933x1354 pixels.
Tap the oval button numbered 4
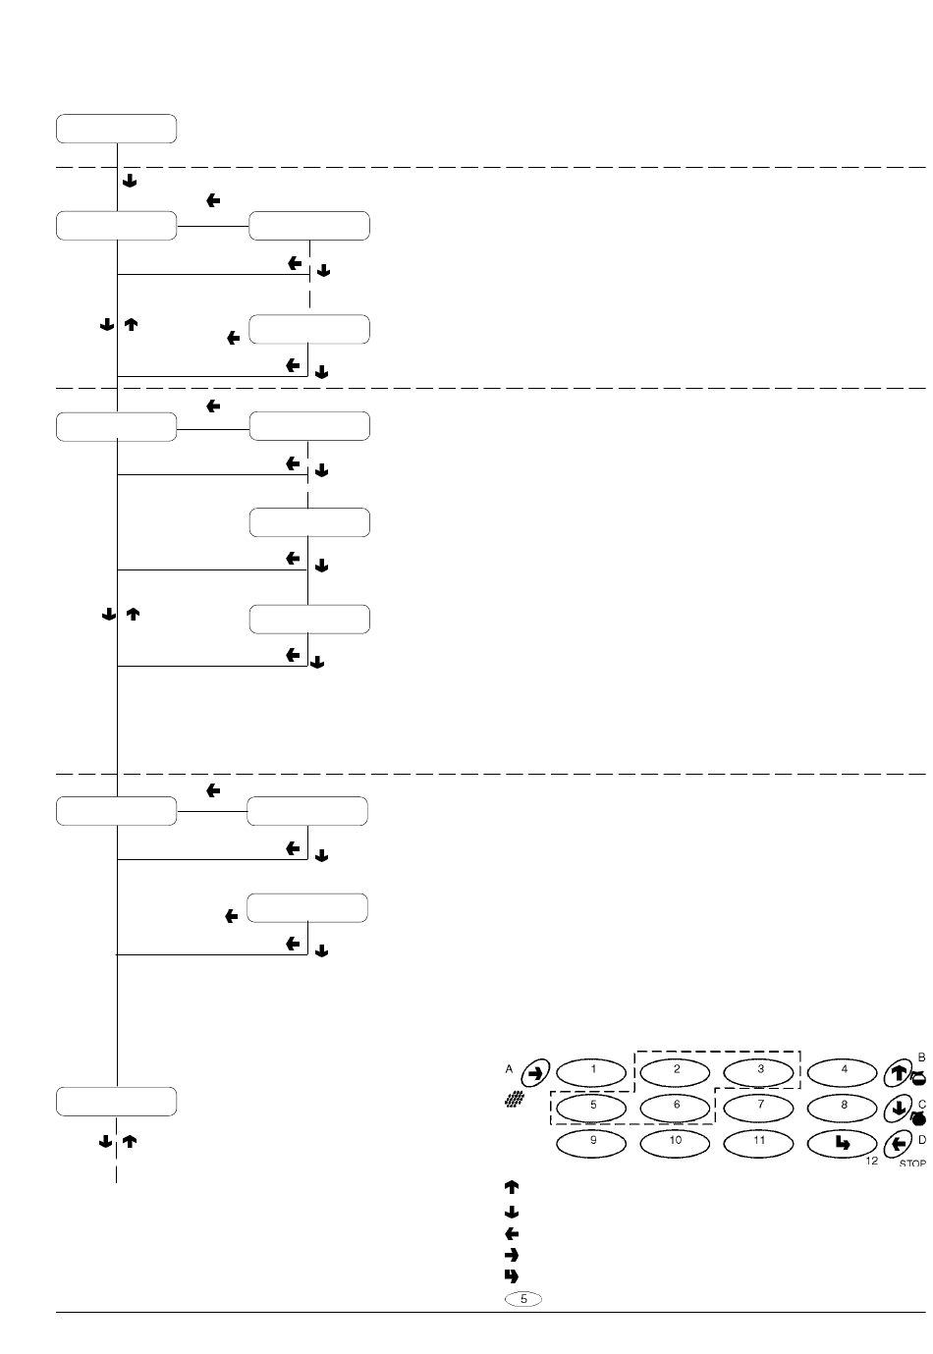coord(844,1069)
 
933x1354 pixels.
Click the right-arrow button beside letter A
coord(534,1072)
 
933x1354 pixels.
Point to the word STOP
coord(912,1164)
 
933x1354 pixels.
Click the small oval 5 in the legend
coord(523,1299)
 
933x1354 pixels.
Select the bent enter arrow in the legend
coord(511,1276)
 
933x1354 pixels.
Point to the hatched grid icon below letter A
coord(511,1104)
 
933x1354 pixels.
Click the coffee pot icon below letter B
coord(918,1078)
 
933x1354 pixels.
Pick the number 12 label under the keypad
coord(871,1162)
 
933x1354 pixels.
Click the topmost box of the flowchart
coord(117,129)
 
